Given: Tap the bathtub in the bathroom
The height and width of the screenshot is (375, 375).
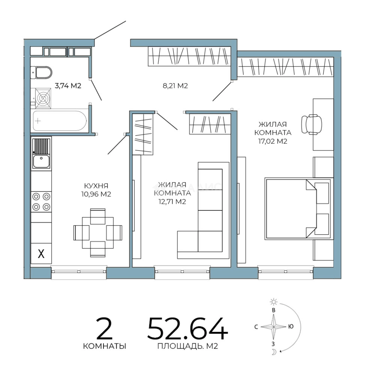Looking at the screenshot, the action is (x=60, y=121).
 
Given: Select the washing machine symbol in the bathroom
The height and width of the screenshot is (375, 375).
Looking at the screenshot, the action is (x=43, y=98).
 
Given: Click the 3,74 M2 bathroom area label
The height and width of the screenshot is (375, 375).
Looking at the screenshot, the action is (x=68, y=86).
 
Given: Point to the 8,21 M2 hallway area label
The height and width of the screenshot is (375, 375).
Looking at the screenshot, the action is (x=175, y=86).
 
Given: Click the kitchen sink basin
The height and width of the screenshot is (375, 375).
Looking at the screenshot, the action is (x=41, y=161).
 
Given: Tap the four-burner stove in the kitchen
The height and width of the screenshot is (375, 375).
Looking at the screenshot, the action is (x=41, y=202).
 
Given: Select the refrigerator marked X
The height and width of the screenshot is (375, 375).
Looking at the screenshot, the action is (x=41, y=253).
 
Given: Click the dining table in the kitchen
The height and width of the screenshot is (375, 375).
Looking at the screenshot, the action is (x=98, y=233).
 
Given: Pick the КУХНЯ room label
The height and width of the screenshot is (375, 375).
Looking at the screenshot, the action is (x=96, y=186).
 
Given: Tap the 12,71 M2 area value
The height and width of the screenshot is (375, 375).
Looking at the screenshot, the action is (x=172, y=202).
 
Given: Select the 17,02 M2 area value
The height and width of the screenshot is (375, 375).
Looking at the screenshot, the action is (x=273, y=141).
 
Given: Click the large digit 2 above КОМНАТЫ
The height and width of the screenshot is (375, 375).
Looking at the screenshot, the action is (x=104, y=328).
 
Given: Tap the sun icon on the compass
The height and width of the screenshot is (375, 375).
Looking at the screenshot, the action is (x=274, y=302).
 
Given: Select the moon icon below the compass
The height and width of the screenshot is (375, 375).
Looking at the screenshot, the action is (x=274, y=352).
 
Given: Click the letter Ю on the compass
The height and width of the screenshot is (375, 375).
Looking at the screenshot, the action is (x=291, y=326).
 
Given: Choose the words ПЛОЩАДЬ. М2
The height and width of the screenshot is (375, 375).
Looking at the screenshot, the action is (x=188, y=346).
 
